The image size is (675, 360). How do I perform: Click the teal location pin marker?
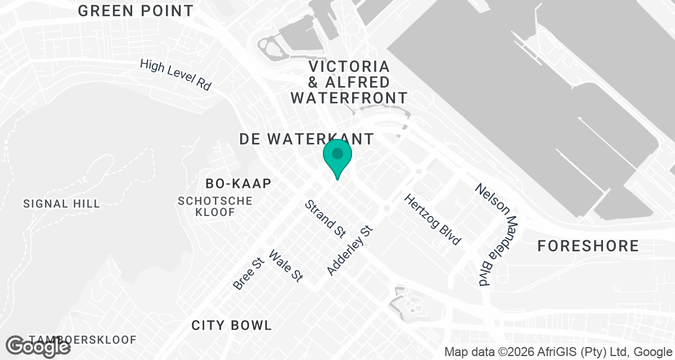pos(337,157)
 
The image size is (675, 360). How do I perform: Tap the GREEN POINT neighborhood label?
pos(136,11)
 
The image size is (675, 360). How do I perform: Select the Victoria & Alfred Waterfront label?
pos(349,82)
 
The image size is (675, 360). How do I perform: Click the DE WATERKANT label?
pos(306,139)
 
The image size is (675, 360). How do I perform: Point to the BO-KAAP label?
pos(238,183)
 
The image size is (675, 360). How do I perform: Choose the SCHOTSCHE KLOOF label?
pos(215,206)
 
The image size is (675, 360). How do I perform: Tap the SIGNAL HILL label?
pos(61,204)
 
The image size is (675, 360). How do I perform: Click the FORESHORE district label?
pos(588,246)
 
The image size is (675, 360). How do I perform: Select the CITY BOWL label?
pos(232,325)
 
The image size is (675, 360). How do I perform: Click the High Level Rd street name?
pos(175,75)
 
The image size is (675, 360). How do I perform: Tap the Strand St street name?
pos(325,218)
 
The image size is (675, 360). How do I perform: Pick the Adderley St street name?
pos(350,251)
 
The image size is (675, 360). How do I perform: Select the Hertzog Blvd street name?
pos(433,219)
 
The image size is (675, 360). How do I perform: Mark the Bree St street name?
pos(248,274)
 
